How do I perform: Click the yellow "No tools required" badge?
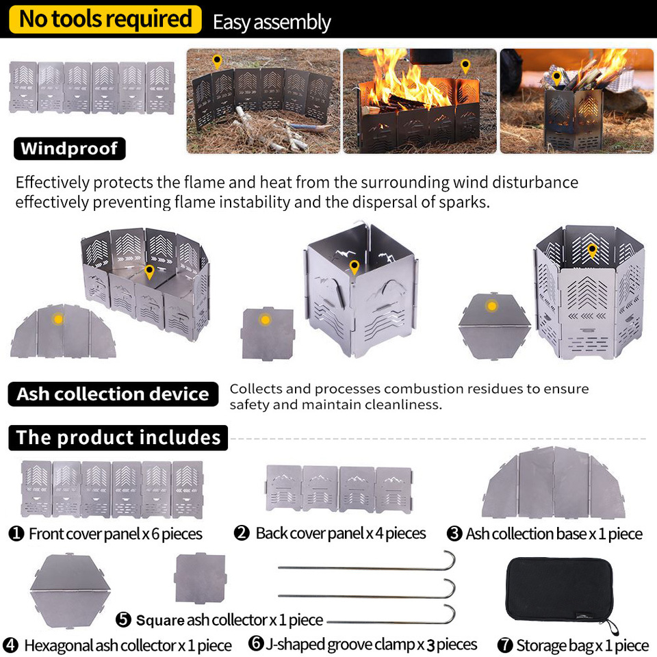[x=105, y=19]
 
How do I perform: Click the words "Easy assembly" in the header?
[x=272, y=22]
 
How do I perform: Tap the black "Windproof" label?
[x=70, y=149]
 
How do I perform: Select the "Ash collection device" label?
[x=113, y=394]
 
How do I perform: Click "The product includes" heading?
[x=118, y=437]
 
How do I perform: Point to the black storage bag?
[x=561, y=590]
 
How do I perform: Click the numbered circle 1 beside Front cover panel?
[x=16, y=533]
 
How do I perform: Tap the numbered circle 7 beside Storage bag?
[x=505, y=645]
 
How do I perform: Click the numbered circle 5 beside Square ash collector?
[x=123, y=619]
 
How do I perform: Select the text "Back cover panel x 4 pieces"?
[x=341, y=533]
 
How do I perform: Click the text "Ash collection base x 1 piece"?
[x=554, y=533]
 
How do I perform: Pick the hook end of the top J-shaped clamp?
[x=451, y=559]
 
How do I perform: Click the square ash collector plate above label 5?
[x=201, y=578]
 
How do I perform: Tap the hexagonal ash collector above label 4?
[x=70, y=591]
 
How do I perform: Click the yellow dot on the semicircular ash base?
[x=58, y=319]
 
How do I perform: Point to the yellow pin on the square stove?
[x=355, y=267]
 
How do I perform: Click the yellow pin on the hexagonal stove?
[x=592, y=250]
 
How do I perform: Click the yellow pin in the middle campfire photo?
[x=465, y=66]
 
